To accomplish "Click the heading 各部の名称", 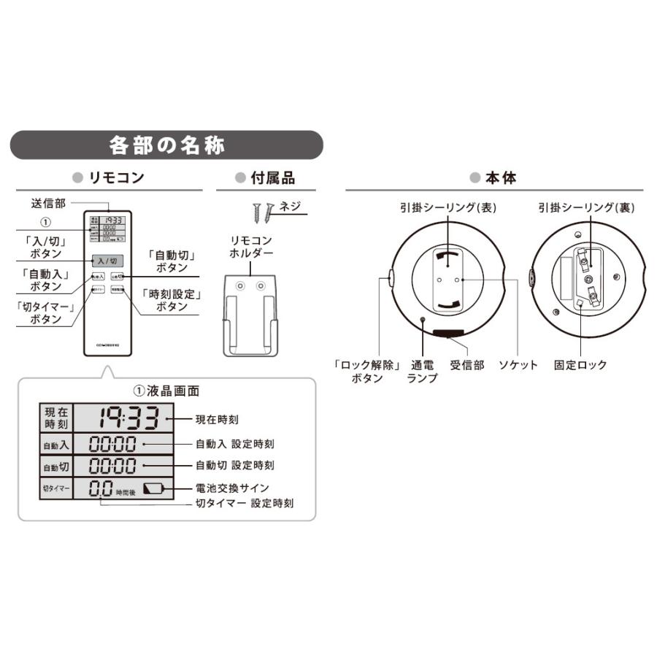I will coord(166,145).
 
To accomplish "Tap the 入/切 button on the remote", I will coord(107,261).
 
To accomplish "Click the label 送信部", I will coord(48,204).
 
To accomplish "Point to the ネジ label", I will coord(290,206).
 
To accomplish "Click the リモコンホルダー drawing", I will coord(250,315).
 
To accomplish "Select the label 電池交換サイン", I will coord(232,488).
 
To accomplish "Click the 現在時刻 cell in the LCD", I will coord(56,418).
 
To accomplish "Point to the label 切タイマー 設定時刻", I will coord(245,504).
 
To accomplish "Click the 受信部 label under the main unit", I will coord(467,365).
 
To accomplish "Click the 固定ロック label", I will coord(580,365).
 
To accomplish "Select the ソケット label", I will coord(518,365).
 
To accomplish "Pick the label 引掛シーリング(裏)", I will coord(586,207).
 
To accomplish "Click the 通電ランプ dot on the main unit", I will coord(423,318).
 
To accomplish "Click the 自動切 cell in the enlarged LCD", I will coord(56,466).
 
